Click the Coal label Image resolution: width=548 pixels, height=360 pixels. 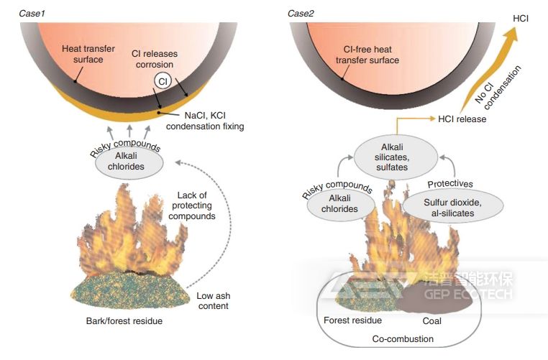[432, 321]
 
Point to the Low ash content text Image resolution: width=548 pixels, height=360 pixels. [212, 301]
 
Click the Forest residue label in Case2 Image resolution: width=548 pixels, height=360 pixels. [353, 321]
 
